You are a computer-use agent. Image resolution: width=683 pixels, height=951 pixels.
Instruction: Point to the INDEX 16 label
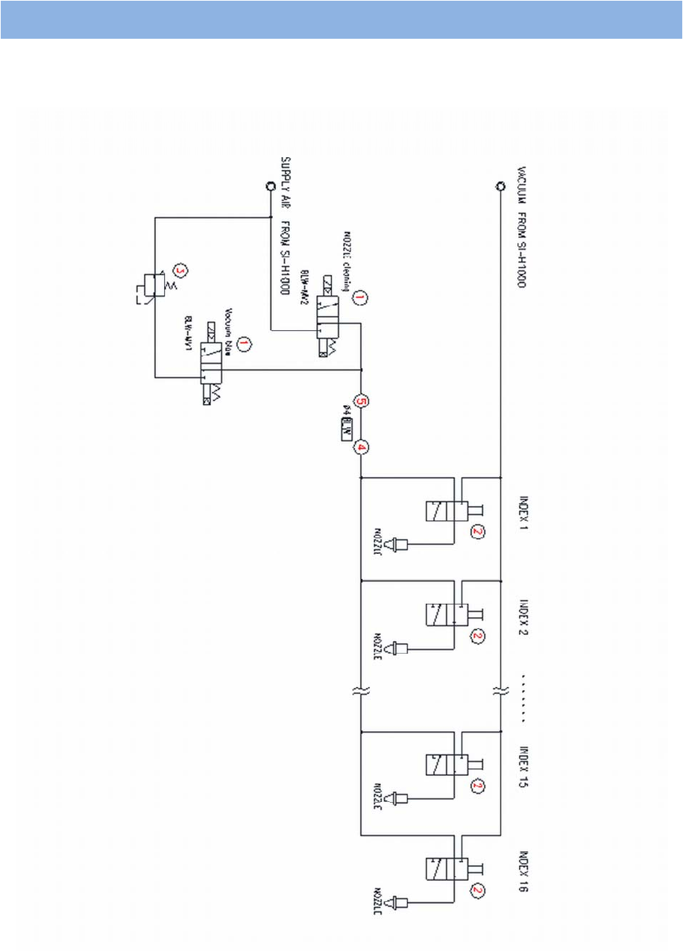tap(523, 871)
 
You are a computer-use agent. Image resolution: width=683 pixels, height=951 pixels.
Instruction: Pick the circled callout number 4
tap(362, 447)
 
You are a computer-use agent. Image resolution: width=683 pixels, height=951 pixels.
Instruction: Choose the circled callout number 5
tap(362, 401)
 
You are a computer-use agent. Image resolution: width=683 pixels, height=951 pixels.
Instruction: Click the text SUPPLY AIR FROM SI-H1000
tap(285, 227)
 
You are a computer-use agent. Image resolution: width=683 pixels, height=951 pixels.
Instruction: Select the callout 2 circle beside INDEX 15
tap(477, 786)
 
